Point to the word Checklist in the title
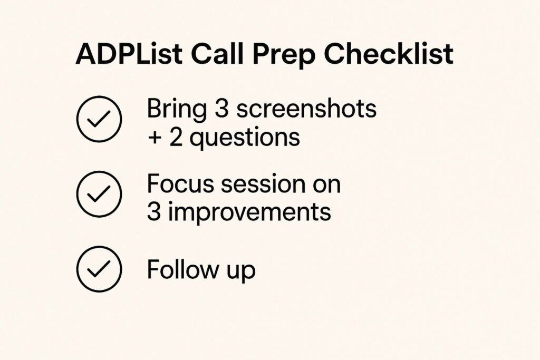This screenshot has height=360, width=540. coord(390,55)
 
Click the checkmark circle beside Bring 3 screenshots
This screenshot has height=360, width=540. coord(99,120)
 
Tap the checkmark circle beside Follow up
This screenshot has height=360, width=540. coord(99,270)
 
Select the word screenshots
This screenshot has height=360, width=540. coord(306,109)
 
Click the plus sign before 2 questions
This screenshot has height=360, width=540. coord(155,137)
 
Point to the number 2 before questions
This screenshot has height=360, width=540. coord(177,137)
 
